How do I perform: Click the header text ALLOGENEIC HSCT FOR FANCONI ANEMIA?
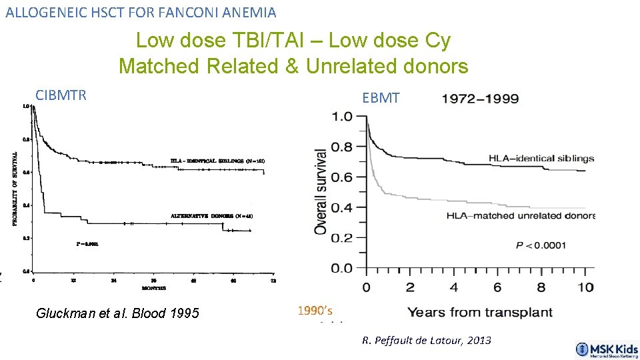(141, 12)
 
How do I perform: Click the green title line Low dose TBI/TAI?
(293, 41)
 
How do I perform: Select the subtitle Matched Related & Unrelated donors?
(293, 66)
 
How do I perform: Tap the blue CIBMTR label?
(61, 95)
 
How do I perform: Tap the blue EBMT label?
(381, 99)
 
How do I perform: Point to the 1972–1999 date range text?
(480, 99)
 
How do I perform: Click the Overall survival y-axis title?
(321, 191)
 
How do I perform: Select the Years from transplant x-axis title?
(480, 312)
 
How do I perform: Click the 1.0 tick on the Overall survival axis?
(342, 117)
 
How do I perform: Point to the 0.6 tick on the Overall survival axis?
(342, 177)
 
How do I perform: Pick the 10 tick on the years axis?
(585, 287)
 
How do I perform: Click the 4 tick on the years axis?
(453, 287)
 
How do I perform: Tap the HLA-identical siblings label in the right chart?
(541, 159)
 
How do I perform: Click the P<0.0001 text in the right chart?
(541, 245)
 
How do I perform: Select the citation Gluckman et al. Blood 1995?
(117, 313)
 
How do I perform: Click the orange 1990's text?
(314, 310)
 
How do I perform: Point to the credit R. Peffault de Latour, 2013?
(427, 340)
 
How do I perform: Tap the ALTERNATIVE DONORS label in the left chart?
(211, 215)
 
